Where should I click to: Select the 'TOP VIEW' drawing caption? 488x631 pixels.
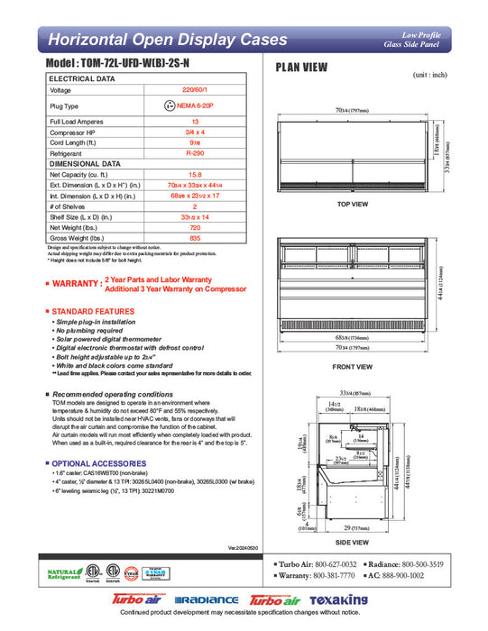click(x=353, y=204)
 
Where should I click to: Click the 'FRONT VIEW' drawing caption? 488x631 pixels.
click(x=353, y=367)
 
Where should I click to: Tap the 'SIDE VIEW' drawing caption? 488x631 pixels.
click(x=353, y=542)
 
